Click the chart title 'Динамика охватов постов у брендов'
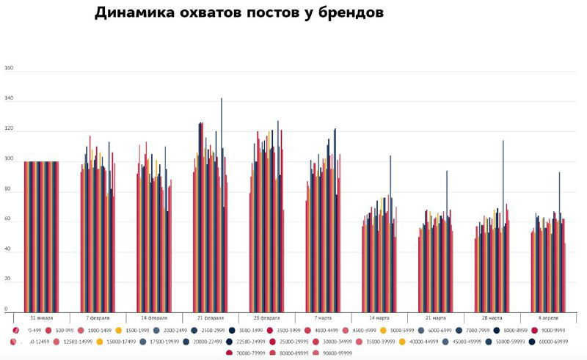click(x=239, y=12)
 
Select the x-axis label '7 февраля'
click(x=98, y=318)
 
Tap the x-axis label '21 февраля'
click(x=210, y=318)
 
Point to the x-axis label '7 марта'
click(x=322, y=318)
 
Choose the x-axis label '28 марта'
click(x=491, y=318)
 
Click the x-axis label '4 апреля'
click(x=547, y=318)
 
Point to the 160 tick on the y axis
click(x=10, y=68)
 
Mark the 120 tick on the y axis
click(x=10, y=129)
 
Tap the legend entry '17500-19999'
click(x=159, y=342)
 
